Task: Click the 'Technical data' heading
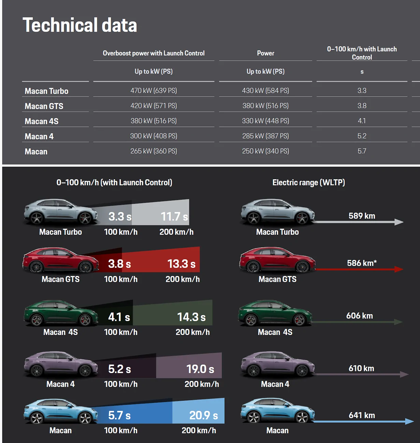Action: click(80, 25)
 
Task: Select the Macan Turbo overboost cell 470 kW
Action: click(154, 91)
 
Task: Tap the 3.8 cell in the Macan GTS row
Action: click(362, 106)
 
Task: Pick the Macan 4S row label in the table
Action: click(42, 121)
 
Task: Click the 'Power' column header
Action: click(265, 53)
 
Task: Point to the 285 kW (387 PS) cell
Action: click(265, 136)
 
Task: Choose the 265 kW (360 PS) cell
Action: click(154, 151)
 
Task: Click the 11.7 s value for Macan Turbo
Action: click(174, 217)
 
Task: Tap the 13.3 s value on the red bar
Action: click(181, 264)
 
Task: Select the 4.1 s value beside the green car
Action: click(119, 317)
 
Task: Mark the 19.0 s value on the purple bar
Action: click(200, 369)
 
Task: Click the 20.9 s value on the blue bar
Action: click(203, 415)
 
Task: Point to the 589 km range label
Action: click(362, 216)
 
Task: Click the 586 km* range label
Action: click(362, 263)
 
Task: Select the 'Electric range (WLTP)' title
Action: click(308, 183)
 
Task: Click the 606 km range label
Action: click(359, 316)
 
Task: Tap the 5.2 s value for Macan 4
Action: click(119, 369)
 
